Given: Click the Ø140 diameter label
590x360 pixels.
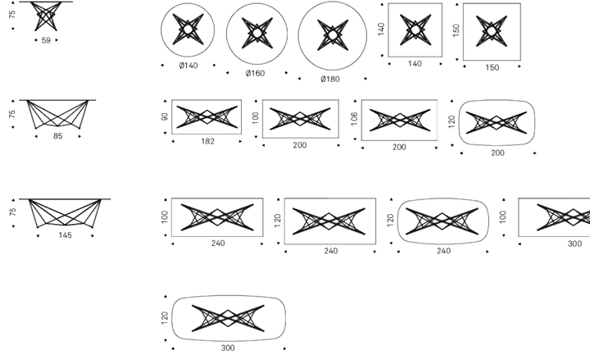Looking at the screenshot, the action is click(188, 66).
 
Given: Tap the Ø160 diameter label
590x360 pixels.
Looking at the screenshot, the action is click(255, 74).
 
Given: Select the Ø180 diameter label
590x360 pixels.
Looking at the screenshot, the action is click(330, 79).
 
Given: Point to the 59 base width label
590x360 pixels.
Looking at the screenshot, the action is click(46, 40).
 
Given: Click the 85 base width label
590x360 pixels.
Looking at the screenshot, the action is click(57, 136).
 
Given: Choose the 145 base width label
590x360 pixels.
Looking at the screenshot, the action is click(65, 235).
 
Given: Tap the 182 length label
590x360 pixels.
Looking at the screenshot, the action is click(207, 141).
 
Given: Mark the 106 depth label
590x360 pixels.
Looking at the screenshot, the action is click(354, 119).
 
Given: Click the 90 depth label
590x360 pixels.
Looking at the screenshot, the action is click(165, 116).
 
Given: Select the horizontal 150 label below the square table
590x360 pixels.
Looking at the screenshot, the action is click(492, 68).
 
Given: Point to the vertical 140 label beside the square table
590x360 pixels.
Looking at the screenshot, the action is click(381, 29).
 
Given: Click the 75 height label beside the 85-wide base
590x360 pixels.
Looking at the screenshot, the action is click(12, 114).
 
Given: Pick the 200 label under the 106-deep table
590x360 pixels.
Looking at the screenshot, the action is click(399, 148).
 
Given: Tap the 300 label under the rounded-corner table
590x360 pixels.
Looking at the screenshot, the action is click(228, 348).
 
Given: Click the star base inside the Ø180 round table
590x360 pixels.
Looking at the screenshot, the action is click(333, 35).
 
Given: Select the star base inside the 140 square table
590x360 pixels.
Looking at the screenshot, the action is click(415, 30).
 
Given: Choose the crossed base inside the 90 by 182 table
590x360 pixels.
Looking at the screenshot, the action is click(207, 116).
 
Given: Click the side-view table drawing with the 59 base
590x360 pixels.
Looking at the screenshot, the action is click(46, 16).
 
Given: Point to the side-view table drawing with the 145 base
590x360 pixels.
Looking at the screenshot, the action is click(65, 213).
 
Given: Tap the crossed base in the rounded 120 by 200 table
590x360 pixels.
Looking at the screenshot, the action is click(497, 122).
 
